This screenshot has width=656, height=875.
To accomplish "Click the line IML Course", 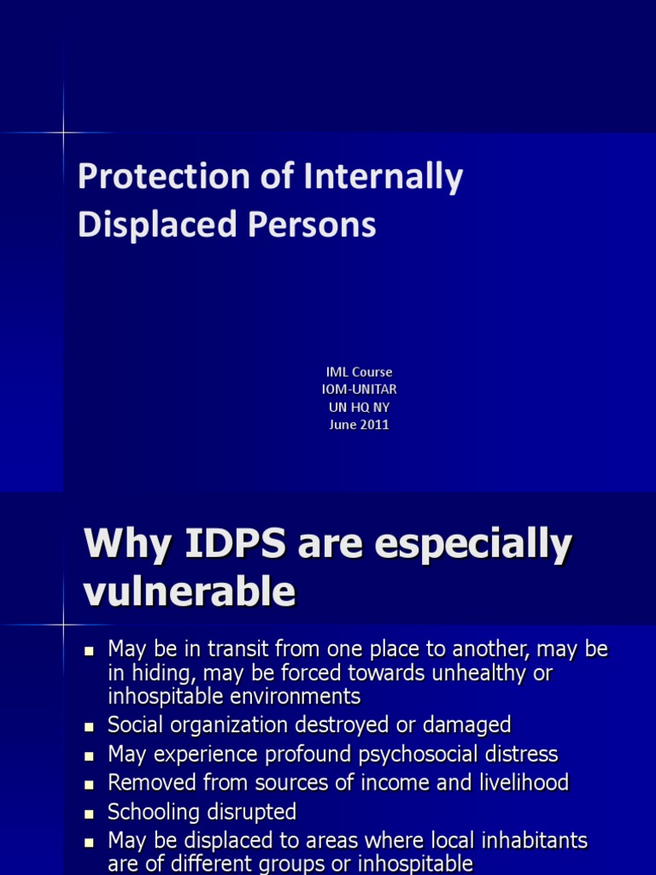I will click(359, 372).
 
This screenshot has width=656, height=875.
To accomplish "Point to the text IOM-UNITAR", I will click(359, 389).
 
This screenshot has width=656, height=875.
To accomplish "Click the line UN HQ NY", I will click(359, 407).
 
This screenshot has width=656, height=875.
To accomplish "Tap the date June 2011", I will click(359, 425).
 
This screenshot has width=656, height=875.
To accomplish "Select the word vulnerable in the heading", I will click(190, 591).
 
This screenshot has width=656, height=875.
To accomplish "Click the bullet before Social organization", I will click(88, 727).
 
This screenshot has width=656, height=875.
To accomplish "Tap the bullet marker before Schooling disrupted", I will click(88, 813).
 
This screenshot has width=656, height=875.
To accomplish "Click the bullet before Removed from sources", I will click(88, 784).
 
